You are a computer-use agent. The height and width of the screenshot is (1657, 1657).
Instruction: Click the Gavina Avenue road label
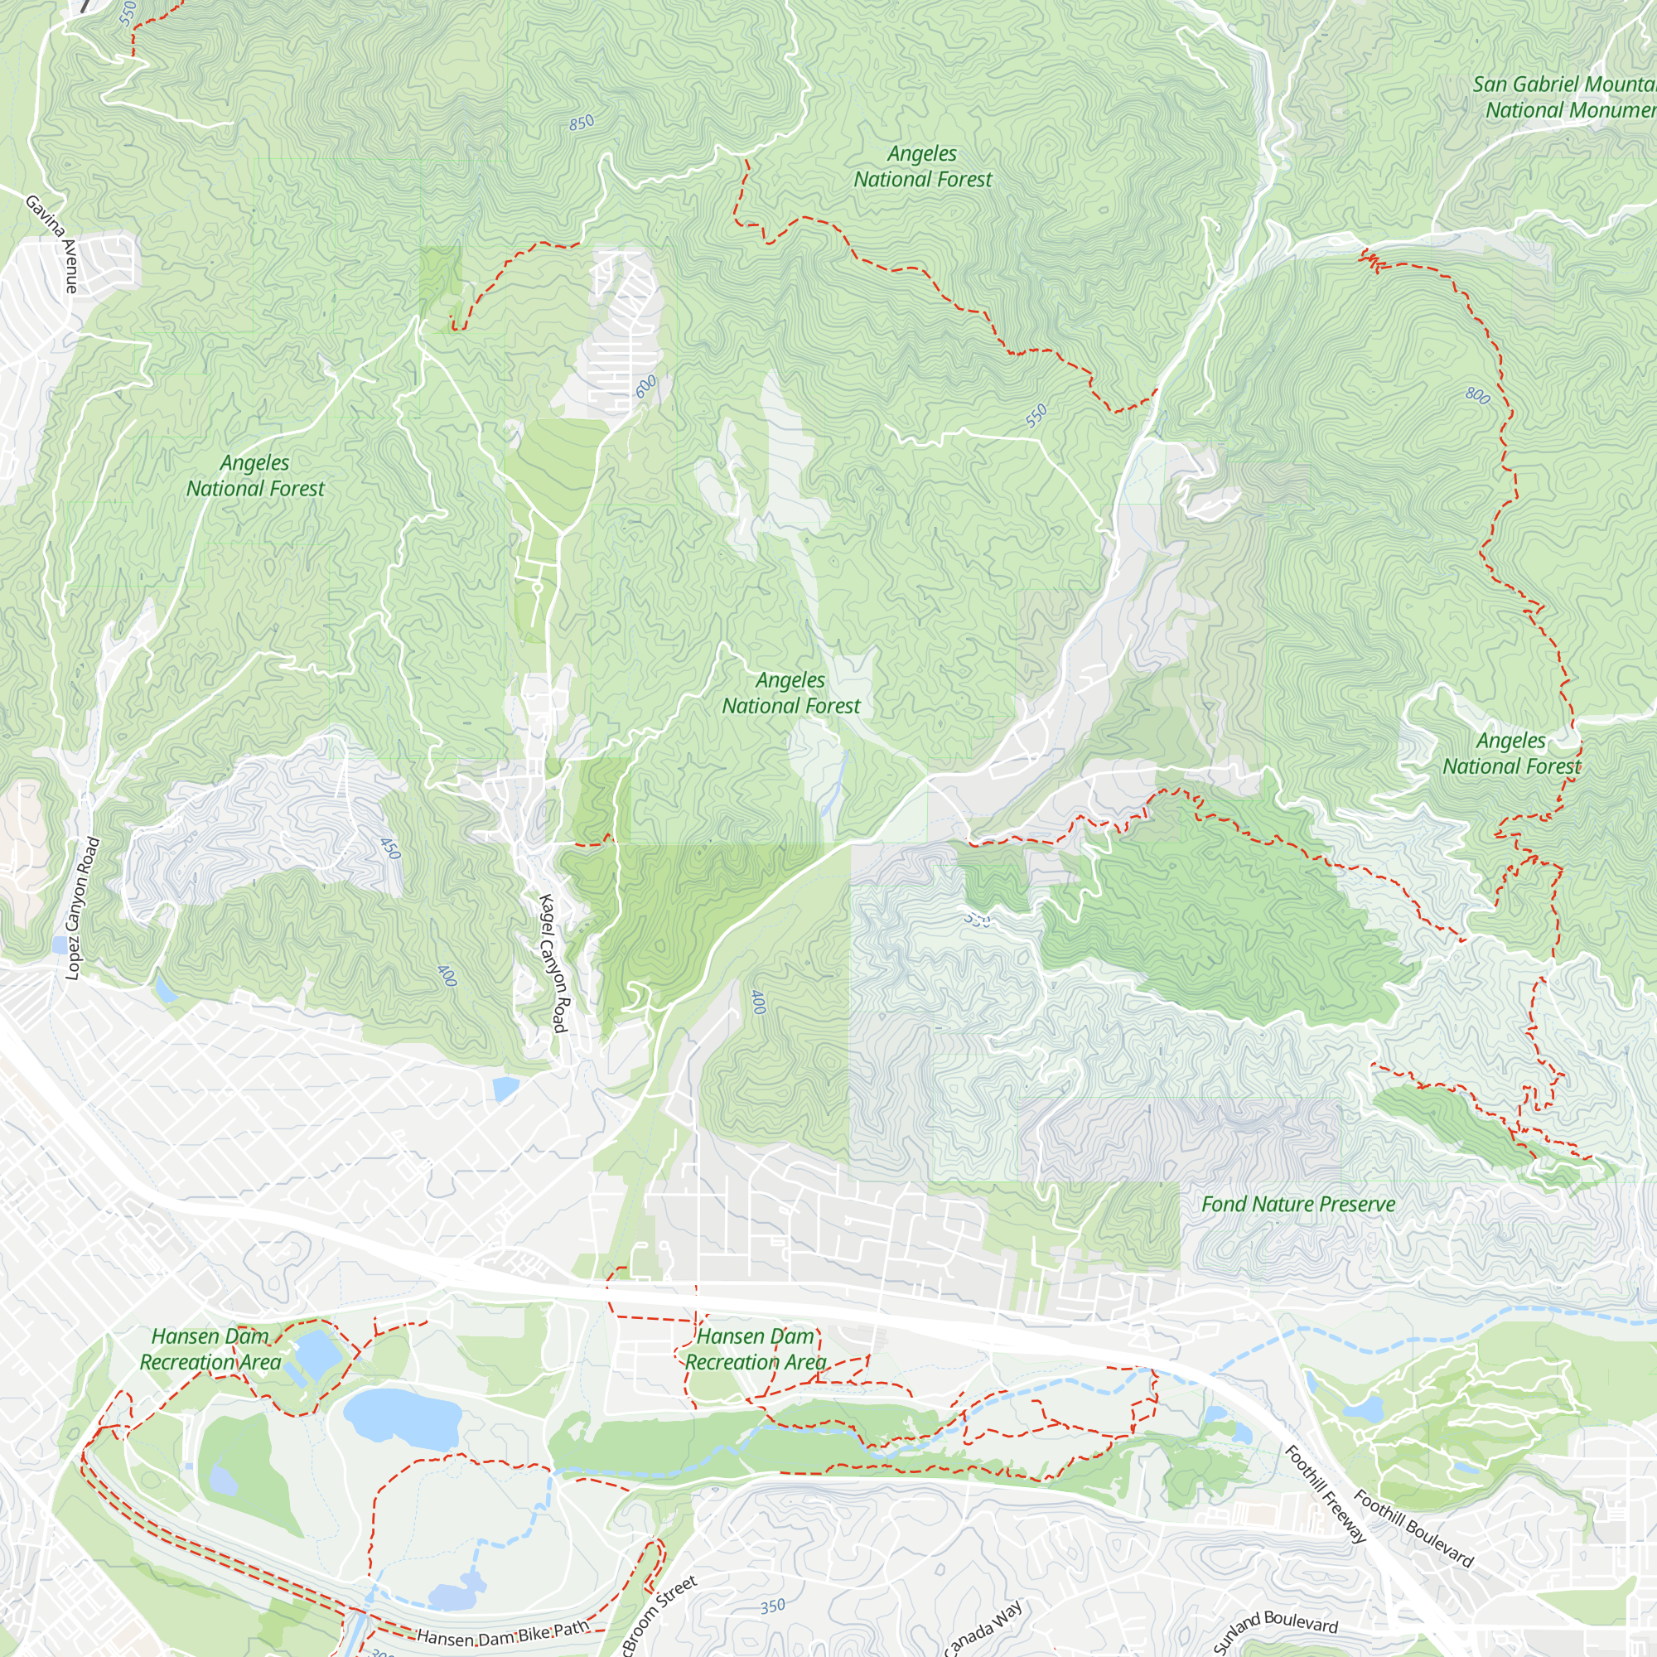tap(53, 244)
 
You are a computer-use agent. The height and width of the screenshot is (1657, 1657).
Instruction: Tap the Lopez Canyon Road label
tap(82, 908)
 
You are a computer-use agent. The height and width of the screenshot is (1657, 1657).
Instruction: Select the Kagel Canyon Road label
tap(553, 964)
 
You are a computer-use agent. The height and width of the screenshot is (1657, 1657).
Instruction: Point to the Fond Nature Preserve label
tap(1297, 1204)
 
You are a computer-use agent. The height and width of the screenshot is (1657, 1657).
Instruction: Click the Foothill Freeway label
tap(1324, 1493)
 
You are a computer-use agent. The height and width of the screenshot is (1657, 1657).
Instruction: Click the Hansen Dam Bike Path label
tap(504, 1632)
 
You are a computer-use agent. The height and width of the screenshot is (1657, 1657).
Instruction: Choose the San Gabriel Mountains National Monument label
tap(1563, 97)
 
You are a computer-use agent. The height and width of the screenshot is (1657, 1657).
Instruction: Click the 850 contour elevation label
tap(582, 123)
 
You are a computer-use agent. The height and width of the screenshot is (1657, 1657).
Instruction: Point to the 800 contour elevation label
tap(1477, 395)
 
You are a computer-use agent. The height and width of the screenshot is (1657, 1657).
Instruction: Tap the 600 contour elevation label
tap(646, 386)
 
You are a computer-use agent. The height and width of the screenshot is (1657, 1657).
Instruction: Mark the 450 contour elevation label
tap(390, 848)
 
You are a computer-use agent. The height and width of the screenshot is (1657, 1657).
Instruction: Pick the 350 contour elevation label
tap(772, 1606)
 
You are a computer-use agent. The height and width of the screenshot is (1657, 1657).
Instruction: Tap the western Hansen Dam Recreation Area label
tap(210, 1349)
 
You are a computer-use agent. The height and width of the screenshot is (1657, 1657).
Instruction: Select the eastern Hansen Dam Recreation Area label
tap(755, 1349)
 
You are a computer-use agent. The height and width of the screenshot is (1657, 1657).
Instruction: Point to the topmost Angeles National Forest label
tap(922, 167)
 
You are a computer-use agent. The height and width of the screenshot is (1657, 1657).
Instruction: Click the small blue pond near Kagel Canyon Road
tap(506, 1089)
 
